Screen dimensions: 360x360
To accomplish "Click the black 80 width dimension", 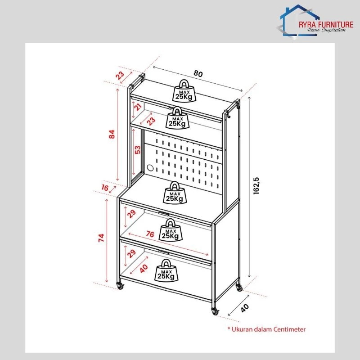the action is click(198, 74).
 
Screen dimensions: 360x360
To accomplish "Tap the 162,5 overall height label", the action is click(256, 186).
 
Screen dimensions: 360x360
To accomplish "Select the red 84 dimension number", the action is click(112, 134).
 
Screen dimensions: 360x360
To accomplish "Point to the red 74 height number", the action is click(101, 238).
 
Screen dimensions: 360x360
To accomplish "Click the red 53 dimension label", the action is click(137, 150).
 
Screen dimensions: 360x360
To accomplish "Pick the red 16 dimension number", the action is click(105, 188).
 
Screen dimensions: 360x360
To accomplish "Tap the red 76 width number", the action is click(150, 234).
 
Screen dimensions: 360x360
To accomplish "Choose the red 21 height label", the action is click(138, 107).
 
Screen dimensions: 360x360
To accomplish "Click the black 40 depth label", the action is click(244, 308).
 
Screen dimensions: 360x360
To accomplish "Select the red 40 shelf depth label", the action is click(144, 268).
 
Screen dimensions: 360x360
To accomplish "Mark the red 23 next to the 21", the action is click(151, 121).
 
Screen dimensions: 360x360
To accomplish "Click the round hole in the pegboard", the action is click(150, 167).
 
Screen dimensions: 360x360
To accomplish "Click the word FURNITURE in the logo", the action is click(335, 25).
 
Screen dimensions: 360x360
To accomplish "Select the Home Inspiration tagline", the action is click(327, 30).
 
